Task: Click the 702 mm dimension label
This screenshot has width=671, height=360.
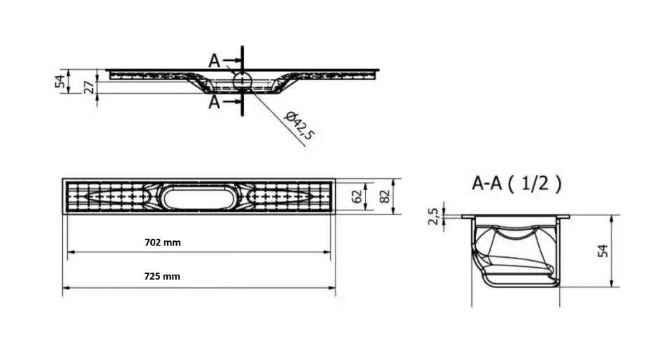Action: (163, 243)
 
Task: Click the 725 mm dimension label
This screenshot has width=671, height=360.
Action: (162, 277)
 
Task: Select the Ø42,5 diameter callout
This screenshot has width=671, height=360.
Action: (300, 125)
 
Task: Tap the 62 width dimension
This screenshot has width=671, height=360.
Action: (356, 196)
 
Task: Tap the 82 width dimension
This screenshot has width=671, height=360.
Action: (384, 196)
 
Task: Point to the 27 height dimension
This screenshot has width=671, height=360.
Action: (89, 87)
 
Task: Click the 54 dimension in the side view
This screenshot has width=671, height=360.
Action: (60, 81)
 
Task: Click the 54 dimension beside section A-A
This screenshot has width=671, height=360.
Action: (603, 251)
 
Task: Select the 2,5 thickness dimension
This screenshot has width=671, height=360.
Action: (433, 216)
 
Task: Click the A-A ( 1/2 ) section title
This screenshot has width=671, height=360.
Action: (517, 184)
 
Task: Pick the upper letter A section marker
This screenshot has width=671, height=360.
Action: (215, 61)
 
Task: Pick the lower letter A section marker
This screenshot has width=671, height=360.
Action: (215, 102)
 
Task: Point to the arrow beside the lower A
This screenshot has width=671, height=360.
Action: (231, 101)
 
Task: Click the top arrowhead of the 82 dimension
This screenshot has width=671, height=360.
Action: (394, 182)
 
